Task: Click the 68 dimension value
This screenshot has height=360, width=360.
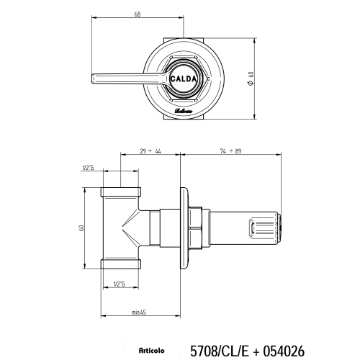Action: click(x=136, y=14)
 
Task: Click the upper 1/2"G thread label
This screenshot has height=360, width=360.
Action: click(x=89, y=168)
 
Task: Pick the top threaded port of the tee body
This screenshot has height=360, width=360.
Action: click(x=123, y=194)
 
